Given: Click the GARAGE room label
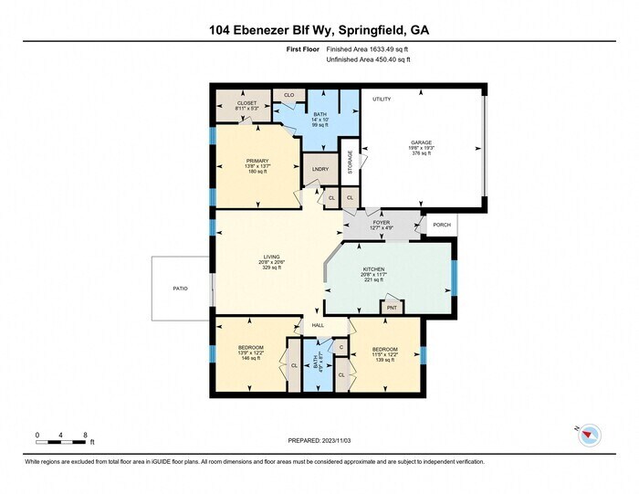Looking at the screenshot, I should click(x=421, y=142).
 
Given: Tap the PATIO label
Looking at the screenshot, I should click(x=181, y=289).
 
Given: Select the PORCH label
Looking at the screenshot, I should click(x=442, y=224).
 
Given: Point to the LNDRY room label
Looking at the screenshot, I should click(x=319, y=169).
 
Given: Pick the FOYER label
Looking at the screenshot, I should click(x=381, y=221).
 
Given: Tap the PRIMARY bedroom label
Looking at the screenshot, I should click(x=257, y=161).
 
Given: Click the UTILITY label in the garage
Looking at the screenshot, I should click(x=381, y=99).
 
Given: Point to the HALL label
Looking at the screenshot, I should click(x=319, y=325).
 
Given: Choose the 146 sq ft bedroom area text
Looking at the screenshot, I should click(x=251, y=358).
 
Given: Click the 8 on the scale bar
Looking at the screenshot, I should click(x=85, y=435).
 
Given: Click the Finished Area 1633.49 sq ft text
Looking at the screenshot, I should click(x=369, y=48).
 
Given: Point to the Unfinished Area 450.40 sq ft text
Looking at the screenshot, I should click(x=369, y=59).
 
